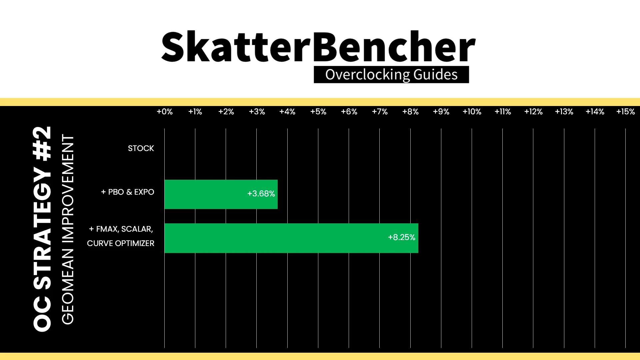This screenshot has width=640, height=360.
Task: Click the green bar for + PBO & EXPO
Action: coord(221,194)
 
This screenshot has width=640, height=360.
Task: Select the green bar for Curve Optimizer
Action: coord(291,238)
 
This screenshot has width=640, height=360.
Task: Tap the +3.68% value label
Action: coord(261,194)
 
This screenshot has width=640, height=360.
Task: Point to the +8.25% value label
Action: coord(402,237)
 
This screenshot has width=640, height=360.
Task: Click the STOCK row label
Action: coord(141,148)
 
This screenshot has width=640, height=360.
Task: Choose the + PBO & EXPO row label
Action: coord(128,192)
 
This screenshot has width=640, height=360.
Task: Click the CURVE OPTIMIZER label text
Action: coord(121,243)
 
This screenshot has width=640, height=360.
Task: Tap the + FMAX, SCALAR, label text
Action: coord(121,229)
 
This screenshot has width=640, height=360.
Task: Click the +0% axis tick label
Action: coord(165,112)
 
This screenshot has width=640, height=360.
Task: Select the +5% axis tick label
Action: coord(318,112)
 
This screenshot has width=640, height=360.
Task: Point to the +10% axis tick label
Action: coord(472,112)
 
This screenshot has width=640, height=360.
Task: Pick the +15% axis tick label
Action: coord(626,112)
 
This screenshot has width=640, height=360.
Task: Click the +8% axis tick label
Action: coord(410,112)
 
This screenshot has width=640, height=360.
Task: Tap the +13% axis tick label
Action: coord(564,112)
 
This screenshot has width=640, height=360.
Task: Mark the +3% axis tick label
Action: coord(257,112)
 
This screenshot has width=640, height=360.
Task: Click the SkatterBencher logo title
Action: coord(318,47)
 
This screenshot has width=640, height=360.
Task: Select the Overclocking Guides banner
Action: coord(391,75)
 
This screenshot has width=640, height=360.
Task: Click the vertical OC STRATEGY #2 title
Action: coord(42,229)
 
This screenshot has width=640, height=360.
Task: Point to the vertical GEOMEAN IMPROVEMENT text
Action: coord(68,229)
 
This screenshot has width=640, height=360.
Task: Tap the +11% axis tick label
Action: coord(503,112)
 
